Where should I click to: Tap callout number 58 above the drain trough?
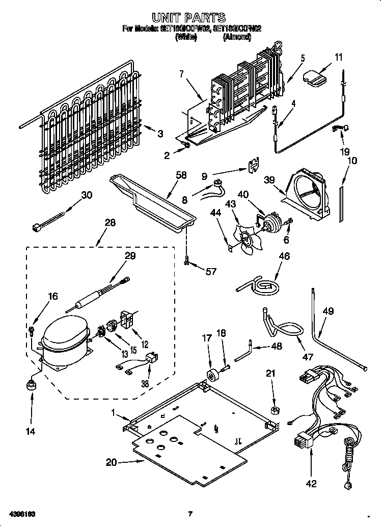point(181,175)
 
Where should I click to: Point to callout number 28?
point(110,223)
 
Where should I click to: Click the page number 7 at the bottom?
point(190,513)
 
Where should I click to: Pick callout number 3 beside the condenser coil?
point(160,134)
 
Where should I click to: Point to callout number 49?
point(329,311)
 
